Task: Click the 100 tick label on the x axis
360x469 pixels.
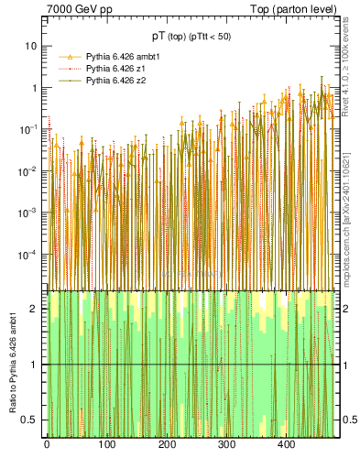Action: [x=106, y=446]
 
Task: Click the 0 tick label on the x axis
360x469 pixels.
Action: [x=47, y=446]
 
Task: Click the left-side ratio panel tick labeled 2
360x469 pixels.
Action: [x=36, y=308]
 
